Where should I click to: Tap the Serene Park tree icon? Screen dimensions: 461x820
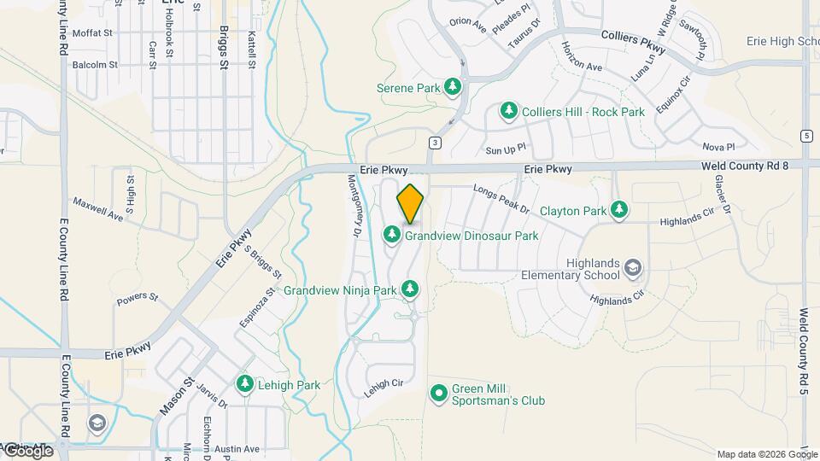pyautogui.click(x=453, y=87)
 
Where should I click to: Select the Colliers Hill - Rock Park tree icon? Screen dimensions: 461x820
pyautogui.click(x=509, y=111)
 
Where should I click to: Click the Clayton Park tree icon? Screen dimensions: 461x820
pyautogui.click(x=620, y=210)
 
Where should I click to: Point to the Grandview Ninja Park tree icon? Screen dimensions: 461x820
pyautogui.click(x=411, y=290)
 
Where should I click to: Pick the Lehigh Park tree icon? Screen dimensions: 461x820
pyautogui.click(x=245, y=385)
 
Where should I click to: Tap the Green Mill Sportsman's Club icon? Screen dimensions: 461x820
pyautogui.click(x=439, y=394)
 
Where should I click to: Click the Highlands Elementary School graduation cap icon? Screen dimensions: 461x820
pyautogui.click(x=633, y=269)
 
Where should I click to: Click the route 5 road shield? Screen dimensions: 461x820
pyautogui.click(x=806, y=136)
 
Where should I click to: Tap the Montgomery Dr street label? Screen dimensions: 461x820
pyautogui.click(x=356, y=206)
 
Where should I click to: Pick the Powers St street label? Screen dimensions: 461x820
pyautogui.click(x=138, y=299)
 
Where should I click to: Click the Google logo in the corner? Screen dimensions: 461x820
pyautogui.click(x=27, y=451)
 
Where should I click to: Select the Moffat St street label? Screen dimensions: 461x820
pyautogui.click(x=93, y=33)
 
